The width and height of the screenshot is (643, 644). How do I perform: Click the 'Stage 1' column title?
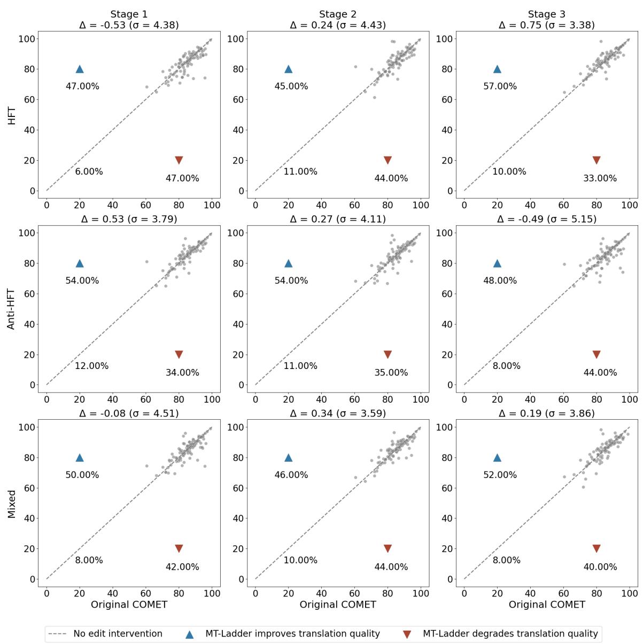[x=129, y=14]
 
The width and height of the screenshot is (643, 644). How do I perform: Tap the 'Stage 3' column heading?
[x=546, y=14]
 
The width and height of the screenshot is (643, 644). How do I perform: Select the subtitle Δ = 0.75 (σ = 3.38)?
[x=546, y=25]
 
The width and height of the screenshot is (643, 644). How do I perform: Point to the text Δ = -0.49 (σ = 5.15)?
[x=546, y=219]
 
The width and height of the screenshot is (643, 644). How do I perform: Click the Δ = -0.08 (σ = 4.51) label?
[x=129, y=413]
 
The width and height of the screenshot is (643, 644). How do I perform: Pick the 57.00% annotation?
[x=500, y=87]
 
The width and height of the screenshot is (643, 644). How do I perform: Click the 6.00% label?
[x=89, y=172]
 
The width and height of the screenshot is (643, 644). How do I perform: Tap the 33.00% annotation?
[x=600, y=178]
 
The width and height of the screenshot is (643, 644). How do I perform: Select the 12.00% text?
[x=91, y=366]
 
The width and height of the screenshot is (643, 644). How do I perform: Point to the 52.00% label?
[x=500, y=475]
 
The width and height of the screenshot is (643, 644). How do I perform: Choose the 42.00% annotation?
[x=182, y=567]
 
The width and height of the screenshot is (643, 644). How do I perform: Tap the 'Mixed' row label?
[x=11, y=504]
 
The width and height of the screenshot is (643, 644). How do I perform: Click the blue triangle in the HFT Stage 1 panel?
[x=80, y=69]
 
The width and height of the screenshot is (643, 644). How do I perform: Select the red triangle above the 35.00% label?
[x=388, y=355]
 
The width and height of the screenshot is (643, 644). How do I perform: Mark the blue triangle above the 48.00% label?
[x=497, y=263]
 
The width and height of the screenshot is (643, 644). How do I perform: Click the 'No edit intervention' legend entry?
[x=118, y=634]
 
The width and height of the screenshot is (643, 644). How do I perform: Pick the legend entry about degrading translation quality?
[x=510, y=634]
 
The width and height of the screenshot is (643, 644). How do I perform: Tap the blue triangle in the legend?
[x=189, y=634]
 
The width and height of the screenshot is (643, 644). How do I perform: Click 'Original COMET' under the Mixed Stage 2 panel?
[x=338, y=604]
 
